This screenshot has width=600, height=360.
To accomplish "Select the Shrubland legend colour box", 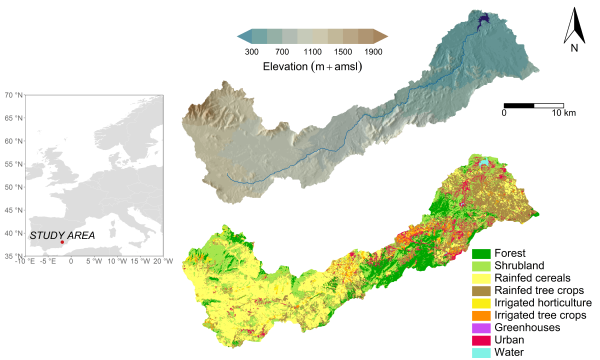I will coord(481,266).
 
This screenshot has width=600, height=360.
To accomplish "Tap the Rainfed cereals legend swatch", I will coord(481,278).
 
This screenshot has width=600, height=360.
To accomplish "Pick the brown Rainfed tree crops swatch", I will coord(481,290).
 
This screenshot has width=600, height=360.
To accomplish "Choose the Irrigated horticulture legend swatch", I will coord(481,302).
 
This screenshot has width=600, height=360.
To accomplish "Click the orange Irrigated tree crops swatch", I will coord(481,314).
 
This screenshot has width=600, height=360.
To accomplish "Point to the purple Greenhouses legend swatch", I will coord(481,327).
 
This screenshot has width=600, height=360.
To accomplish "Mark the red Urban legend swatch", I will coord(481,339).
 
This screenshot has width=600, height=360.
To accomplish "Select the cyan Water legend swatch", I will coord(481,351).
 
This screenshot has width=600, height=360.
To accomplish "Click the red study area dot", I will coord(62,241).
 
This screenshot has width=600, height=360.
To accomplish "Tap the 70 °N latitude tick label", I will coord(14,96).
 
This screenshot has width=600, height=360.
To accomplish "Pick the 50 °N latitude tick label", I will coord(14,187).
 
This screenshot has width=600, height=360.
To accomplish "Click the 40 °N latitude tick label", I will coord(14,233).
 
